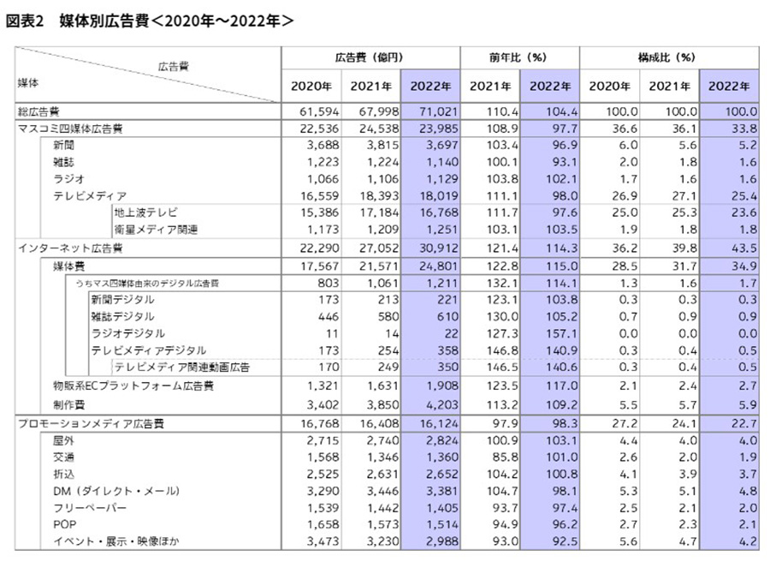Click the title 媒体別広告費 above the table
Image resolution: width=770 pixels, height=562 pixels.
pos(104,21)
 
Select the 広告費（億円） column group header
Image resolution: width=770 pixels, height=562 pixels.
pos(370,57)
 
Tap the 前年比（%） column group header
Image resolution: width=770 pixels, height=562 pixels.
pos(518,57)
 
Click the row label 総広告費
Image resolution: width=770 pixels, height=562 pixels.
pos(38,111)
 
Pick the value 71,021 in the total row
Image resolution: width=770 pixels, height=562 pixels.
pos(438,111)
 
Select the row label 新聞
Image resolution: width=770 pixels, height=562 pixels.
pos(63,145)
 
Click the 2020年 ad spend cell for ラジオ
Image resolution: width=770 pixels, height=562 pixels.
pos(323,179)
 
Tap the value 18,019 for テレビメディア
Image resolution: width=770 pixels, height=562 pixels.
pos(438,195)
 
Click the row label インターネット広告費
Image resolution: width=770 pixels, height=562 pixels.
pos(70,248)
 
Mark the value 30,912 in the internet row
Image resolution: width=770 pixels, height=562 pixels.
pos(438,248)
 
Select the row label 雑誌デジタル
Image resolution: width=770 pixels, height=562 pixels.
pos(122,316)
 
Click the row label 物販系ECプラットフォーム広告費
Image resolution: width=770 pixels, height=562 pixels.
pos(133,386)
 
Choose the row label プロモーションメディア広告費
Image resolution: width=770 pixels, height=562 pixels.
pos(91,423)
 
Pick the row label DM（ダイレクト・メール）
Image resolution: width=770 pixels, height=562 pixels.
pos(116,491)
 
